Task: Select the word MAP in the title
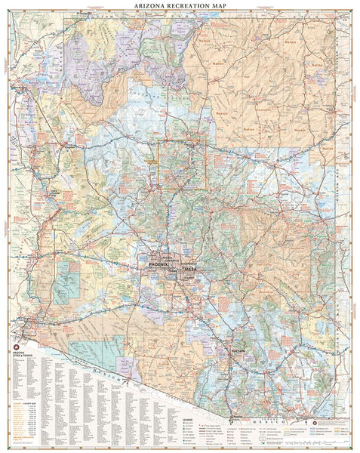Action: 219,5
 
